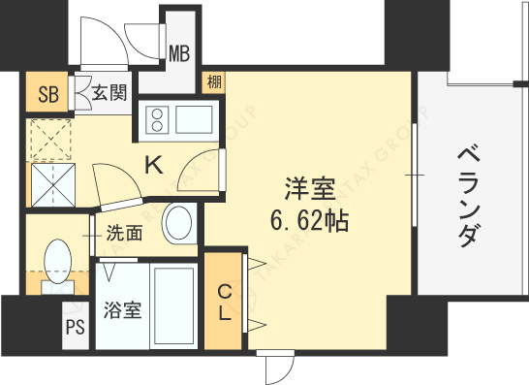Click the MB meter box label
coord(179,51)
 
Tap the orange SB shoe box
coord(45,94)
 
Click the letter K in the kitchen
coord(153,165)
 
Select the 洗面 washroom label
coord(125,233)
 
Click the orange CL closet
coord(223,302)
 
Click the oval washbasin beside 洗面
coord(178,224)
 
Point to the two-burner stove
coord(158,120)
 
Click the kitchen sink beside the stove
coord(196,120)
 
